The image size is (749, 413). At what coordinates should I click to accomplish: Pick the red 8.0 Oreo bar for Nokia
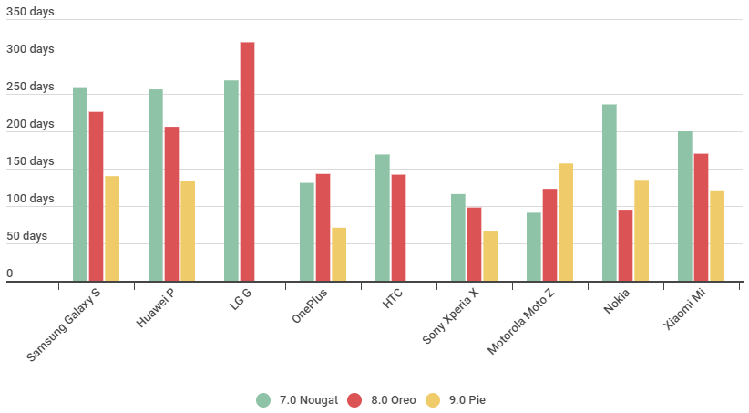coord(625,245)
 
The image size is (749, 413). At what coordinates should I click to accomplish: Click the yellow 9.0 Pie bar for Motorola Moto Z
coord(566,222)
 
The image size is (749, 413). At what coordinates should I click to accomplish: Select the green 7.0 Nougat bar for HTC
coord(383,218)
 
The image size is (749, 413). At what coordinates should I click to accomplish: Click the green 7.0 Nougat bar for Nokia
coord(610,192)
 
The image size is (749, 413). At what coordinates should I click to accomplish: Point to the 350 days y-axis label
coord(30,13)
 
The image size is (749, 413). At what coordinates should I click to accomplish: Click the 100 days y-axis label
coord(30,199)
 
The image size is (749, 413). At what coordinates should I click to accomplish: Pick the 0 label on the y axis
coord(10,274)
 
